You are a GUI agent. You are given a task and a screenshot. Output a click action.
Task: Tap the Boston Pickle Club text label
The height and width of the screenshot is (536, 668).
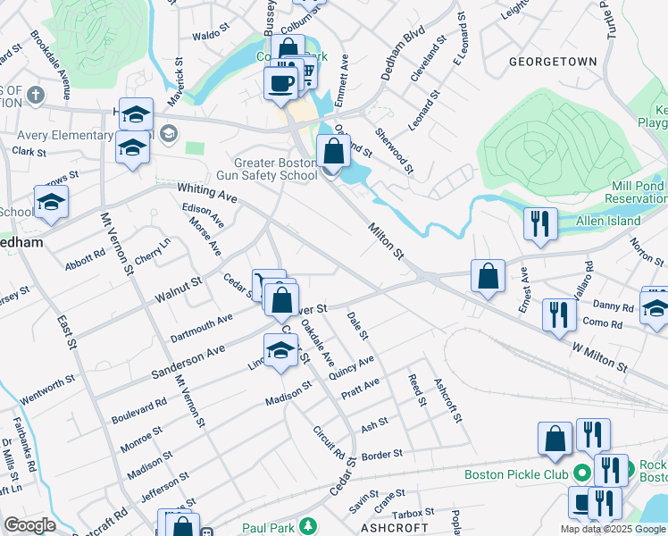pyautogui.click(x=516, y=474)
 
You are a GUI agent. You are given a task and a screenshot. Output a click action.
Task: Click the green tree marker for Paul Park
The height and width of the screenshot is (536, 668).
pyautogui.click(x=308, y=524)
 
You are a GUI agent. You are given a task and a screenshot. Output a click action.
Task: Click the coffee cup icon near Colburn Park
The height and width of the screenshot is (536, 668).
pyautogui.click(x=280, y=82)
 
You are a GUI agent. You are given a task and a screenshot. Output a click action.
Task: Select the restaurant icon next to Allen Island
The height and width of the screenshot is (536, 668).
pyautogui.click(x=540, y=224)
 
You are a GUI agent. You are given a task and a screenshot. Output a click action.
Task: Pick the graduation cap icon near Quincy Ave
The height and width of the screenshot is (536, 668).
pyautogui.click(x=280, y=350)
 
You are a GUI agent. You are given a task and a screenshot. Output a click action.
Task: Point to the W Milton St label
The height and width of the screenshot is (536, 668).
pyautogui.click(x=599, y=348)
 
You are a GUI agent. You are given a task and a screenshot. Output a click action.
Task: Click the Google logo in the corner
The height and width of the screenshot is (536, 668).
pyautogui.click(x=29, y=525)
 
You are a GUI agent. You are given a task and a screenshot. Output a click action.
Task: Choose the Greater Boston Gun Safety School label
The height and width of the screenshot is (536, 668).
pyautogui.click(x=275, y=169)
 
